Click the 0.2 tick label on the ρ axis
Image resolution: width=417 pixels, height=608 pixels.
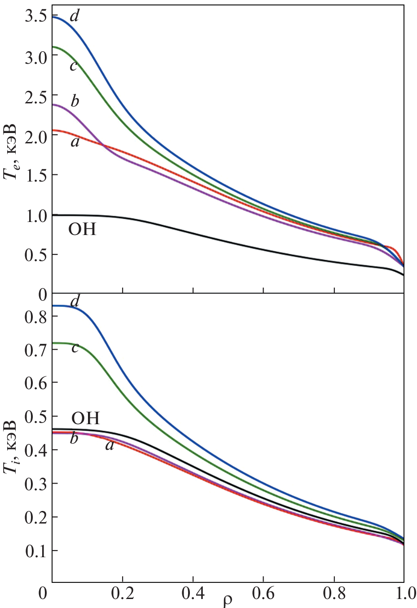point(123,593)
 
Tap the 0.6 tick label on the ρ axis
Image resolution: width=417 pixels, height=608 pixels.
point(263,593)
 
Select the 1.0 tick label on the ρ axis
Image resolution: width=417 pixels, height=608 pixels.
point(403,593)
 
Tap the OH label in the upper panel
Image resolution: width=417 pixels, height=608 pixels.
point(82,230)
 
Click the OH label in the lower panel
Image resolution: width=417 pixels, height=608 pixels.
point(85,418)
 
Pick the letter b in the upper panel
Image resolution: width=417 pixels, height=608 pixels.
point(75,101)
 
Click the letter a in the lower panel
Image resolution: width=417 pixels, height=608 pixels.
point(109,445)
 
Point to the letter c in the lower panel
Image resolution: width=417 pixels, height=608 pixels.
point(75,347)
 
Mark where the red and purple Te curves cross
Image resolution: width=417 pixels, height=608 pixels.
point(103,145)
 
